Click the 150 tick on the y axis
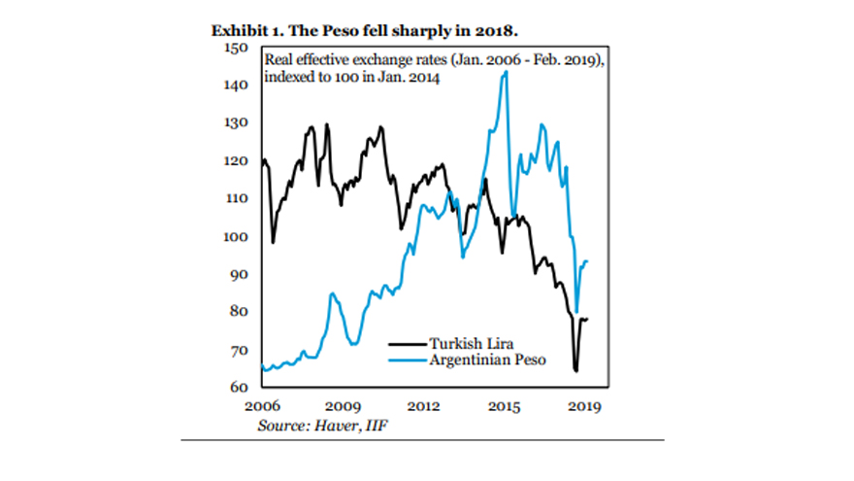tap(238, 48)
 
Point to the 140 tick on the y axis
tap(238, 86)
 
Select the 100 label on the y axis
tap(238, 236)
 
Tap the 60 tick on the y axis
tap(243, 387)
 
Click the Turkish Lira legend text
tap(472, 343)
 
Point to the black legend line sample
tap(407, 343)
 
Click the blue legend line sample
tap(407, 360)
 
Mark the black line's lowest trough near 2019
tap(575, 370)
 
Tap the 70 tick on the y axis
tap(243, 349)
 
